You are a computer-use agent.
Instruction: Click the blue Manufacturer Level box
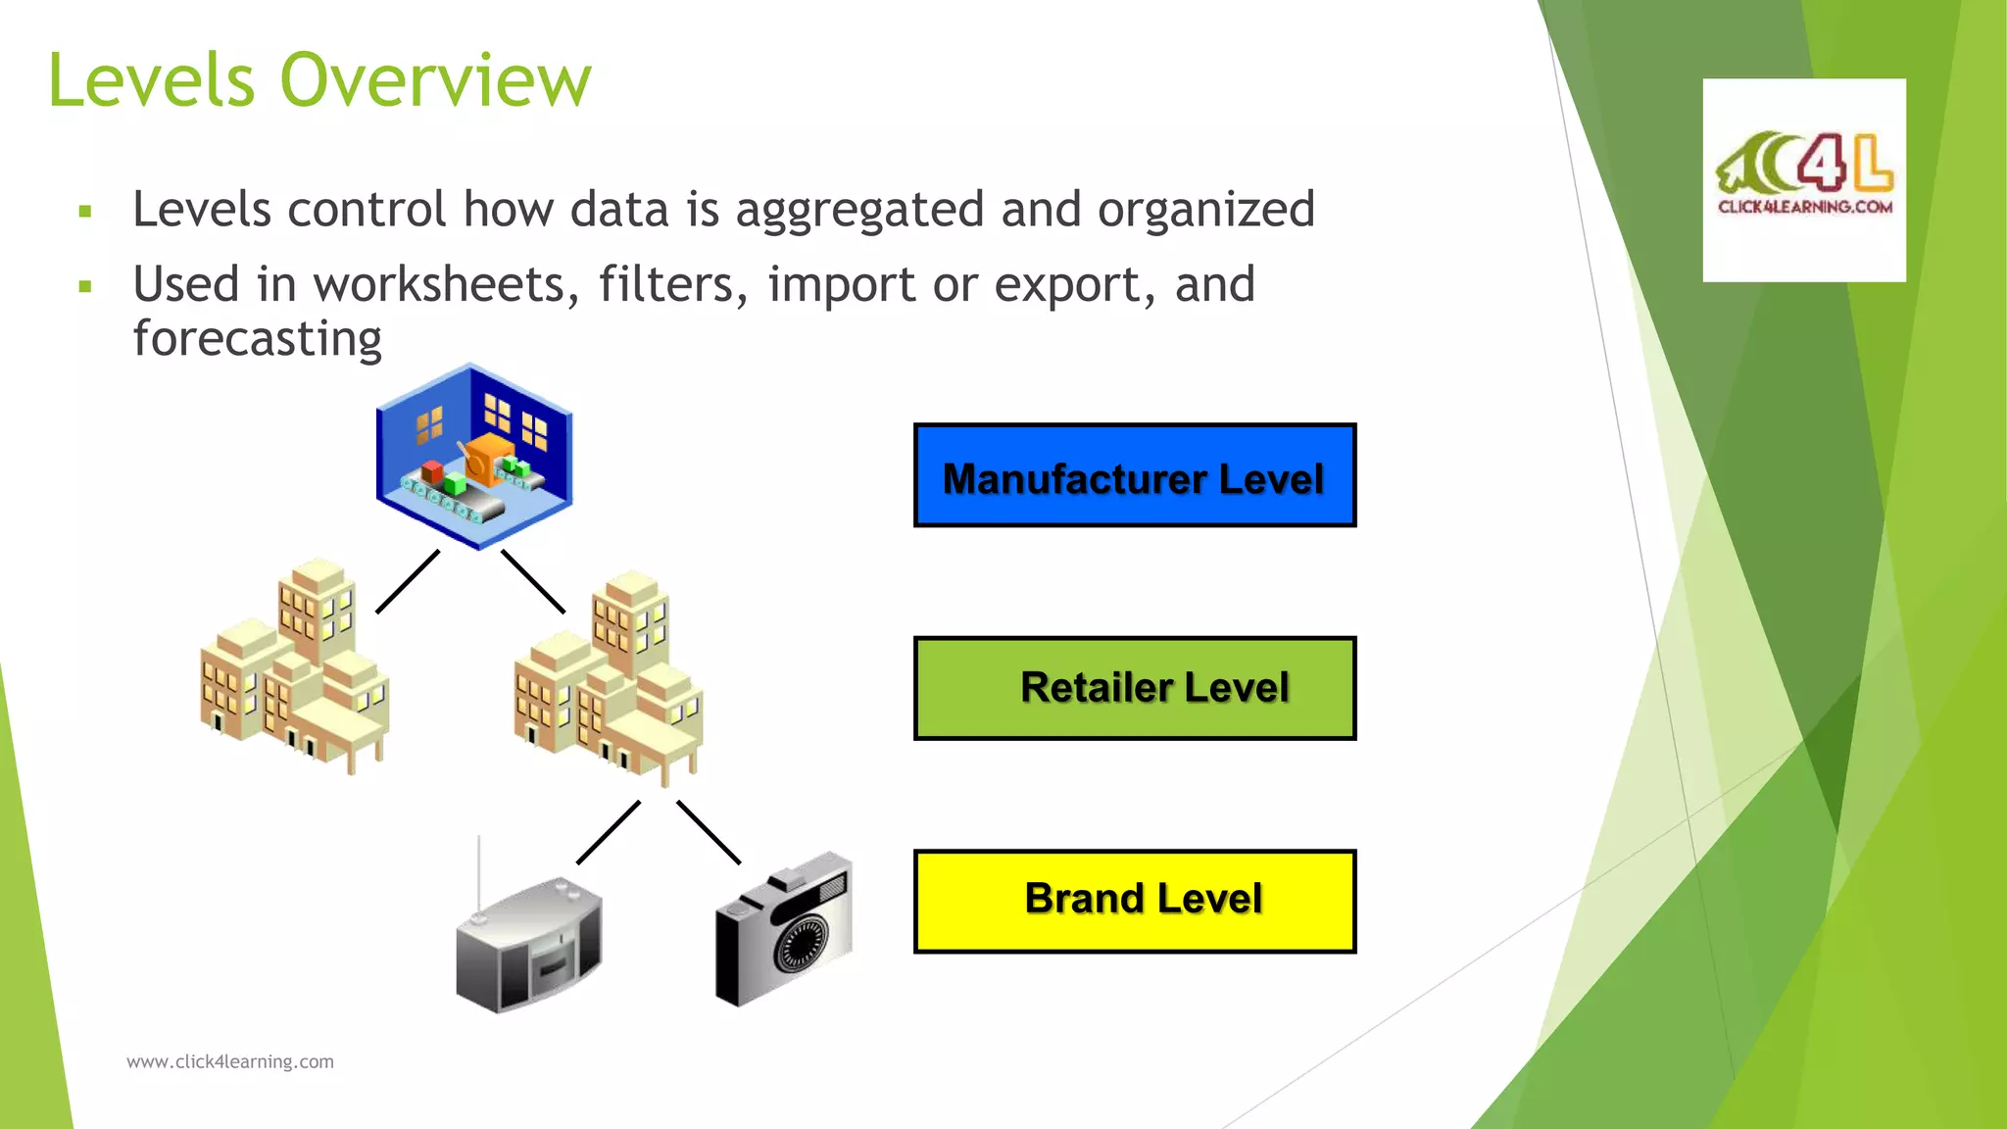1135,475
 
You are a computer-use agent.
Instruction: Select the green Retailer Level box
1135,688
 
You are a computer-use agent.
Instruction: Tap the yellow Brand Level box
1135,901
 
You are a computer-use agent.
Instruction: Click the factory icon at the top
474,456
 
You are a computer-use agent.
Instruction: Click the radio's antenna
478,872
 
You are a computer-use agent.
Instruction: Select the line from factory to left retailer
408,581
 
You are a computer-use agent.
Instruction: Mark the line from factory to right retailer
533,581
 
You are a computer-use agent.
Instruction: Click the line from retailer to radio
609,832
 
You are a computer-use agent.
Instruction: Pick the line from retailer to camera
709,832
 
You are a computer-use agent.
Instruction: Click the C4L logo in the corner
1804,179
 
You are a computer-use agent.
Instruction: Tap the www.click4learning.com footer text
230,1061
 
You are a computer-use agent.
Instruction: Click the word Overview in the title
436,80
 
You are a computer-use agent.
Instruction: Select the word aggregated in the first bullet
859,210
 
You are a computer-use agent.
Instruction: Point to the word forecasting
257,339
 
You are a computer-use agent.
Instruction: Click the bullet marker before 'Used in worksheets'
86,287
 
